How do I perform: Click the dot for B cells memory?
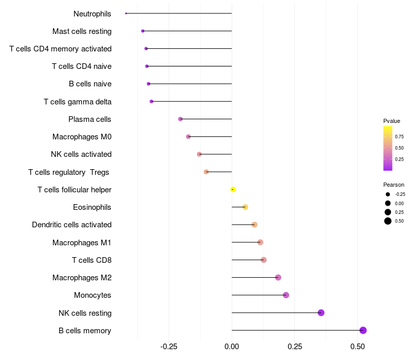pyautogui.click(x=363, y=330)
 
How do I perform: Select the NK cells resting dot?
pyautogui.click(x=321, y=313)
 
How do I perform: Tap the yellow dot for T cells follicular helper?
pyautogui.click(x=233, y=189)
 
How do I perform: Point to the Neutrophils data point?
pyautogui.click(x=126, y=13)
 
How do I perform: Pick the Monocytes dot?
pyautogui.click(x=286, y=295)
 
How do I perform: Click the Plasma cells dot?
pyautogui.click(x=180, y=119)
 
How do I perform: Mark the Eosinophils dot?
pyautogui.click(x=245, y=207)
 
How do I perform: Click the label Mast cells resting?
pyautogui.click(x=82, y=31)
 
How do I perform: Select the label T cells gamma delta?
pyautogui.click(x=78, y=102)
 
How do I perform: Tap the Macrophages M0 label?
pyautogui.click(x=82, y=137)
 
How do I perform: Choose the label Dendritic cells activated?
pyautogui.click(x=72, y=225)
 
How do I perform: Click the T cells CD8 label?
pyautogui.click(x=92, y=260)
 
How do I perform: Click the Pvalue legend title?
pyautogui.click(x=391, y=121)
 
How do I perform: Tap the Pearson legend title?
pyautogui.click(x=394, y=185)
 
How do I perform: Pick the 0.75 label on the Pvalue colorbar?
pyautogui.click(x=399, y=137)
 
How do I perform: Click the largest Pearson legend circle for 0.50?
pyautogui.click(x=388, y=221)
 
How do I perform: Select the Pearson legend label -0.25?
pyautogui.click(x=400, y=194)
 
